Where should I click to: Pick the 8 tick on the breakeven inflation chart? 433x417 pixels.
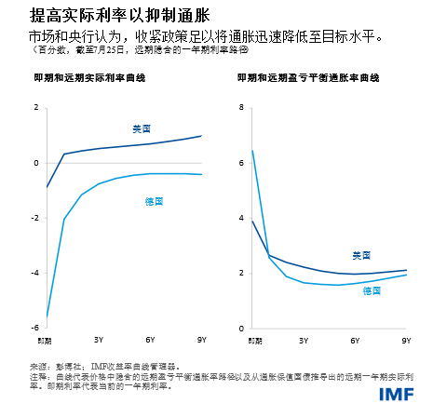click(240, 108)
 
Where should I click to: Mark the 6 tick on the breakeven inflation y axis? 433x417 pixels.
click(240, 163)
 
